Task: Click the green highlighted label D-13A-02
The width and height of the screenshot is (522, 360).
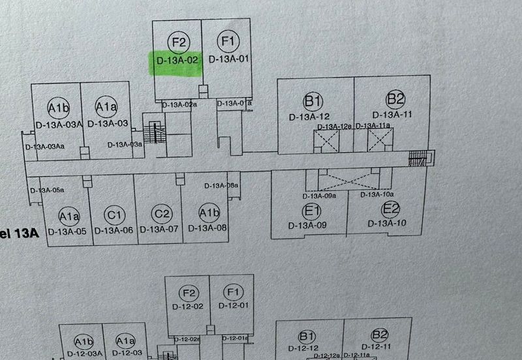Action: tap(176, 61)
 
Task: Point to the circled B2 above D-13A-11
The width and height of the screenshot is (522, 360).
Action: tap(395, 100)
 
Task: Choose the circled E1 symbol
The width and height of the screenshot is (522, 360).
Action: tap(311, 211)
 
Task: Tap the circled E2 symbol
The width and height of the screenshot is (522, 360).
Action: tap(390, 210)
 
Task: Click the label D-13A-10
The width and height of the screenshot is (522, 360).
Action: tap(387, 224)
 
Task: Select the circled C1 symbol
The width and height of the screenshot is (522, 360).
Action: tap(114, 215)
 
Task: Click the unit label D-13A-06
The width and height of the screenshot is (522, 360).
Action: tap(114, 230)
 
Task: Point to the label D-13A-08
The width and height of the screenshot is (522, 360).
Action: tap(207, 228)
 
